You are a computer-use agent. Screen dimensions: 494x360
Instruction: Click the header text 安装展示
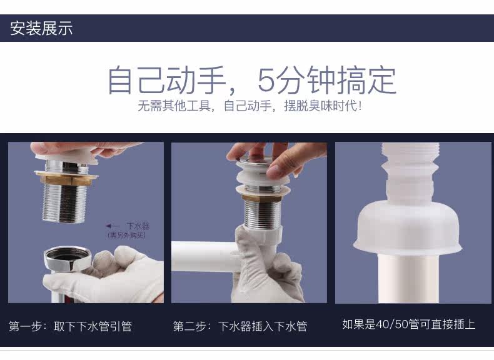[42, 28]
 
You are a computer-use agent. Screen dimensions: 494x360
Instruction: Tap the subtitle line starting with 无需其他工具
[250, 106]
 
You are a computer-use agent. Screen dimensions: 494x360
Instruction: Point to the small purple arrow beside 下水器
[113, 226]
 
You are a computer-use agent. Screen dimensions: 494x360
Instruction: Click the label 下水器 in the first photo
[138, 226]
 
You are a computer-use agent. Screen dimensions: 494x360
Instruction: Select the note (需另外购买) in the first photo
[127, 235]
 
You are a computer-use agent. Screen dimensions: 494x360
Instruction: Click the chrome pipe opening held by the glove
[68, 258]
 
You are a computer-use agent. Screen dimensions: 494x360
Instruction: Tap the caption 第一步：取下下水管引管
[70, 326]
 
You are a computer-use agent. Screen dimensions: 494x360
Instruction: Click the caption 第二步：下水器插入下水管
[240, 326]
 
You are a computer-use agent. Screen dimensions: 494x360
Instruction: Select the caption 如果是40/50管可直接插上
[408, 324]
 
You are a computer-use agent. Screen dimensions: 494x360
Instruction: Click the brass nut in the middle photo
[261, 197]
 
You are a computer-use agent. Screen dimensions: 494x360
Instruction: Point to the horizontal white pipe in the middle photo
[204, 256]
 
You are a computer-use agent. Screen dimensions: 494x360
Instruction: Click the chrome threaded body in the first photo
[64, 203]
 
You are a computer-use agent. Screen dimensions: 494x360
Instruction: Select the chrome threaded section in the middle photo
[262, 214]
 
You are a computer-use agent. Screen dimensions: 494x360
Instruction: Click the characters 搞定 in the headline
[366, 80]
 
